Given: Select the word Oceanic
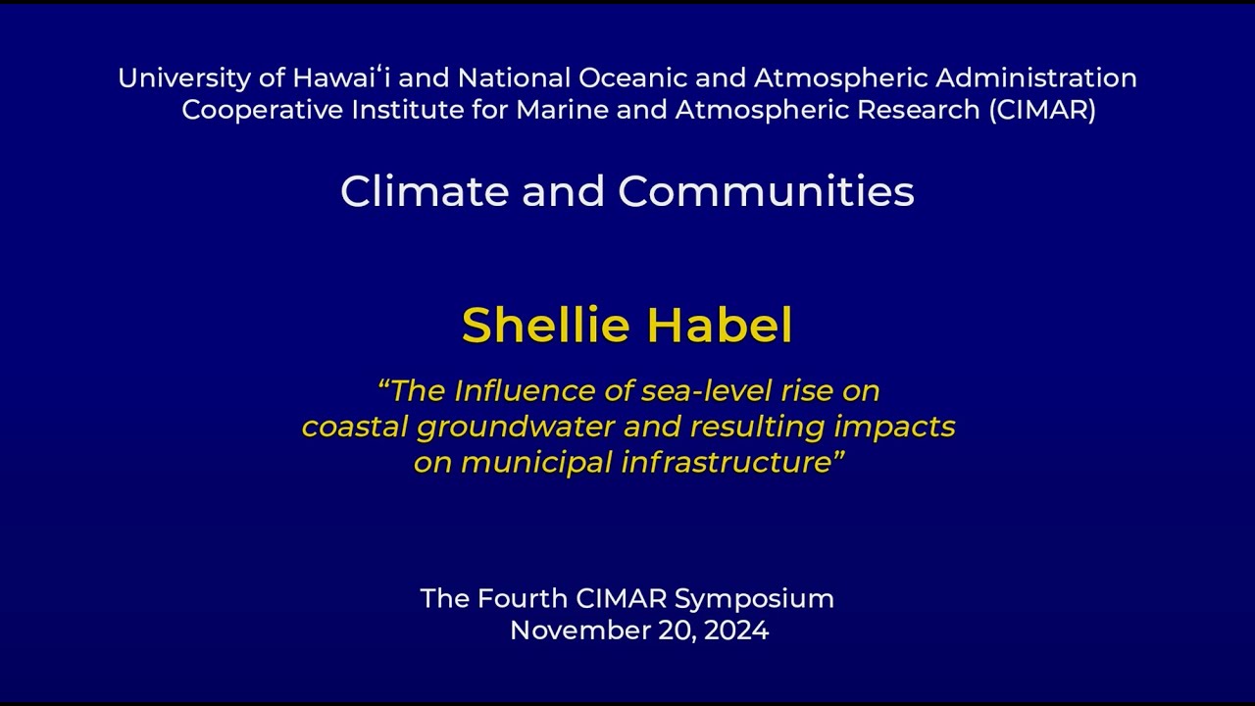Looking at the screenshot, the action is point(632,77).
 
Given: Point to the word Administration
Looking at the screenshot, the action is point(1036,77).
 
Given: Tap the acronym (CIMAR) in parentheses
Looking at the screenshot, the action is point(1042,110).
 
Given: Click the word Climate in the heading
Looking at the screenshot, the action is point(425,191).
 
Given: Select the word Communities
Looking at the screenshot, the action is point(766,191).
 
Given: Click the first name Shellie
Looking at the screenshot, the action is point(546,325).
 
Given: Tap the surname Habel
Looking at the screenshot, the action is point(720,325).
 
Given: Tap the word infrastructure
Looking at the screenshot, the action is point(727,463).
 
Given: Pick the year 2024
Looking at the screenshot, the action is point(736,630).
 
